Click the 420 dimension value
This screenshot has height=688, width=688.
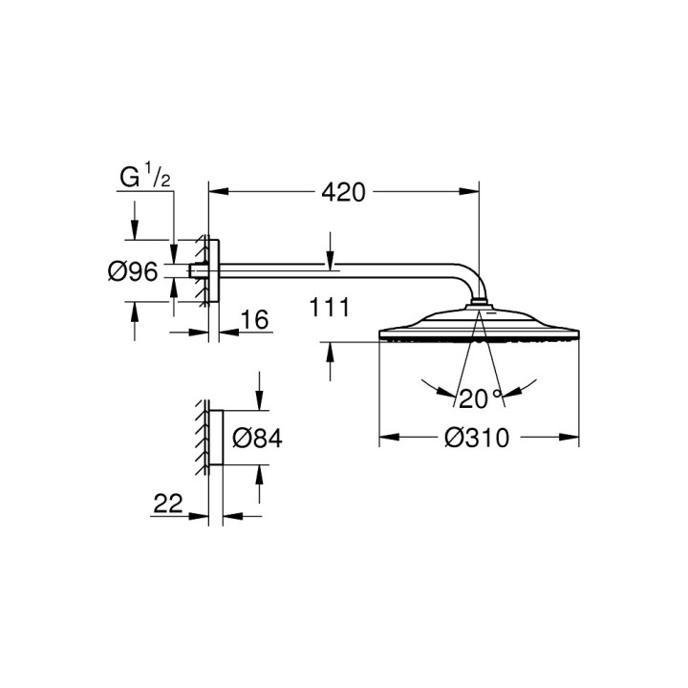(343, 192)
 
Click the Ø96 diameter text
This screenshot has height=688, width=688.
(131, 272)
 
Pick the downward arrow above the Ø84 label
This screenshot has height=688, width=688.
(258, 400)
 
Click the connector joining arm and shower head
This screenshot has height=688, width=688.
(479, 306)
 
